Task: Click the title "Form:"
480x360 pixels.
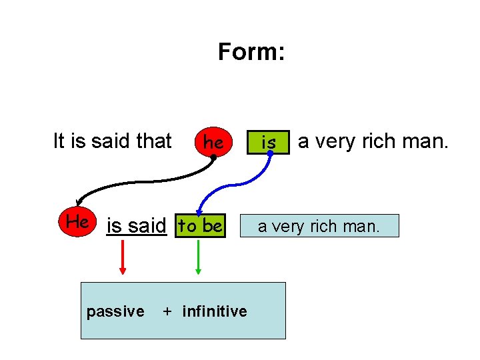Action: point(251,52)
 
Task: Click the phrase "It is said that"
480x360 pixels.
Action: point(112,141)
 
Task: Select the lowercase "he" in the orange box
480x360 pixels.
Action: point(213,142)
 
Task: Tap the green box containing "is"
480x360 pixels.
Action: point(269,142)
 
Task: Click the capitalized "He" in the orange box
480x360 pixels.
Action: point(77,222)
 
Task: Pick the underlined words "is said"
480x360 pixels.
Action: point(136,227)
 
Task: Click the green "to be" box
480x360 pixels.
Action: point(200,226)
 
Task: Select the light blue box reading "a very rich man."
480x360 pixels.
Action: point(319,226)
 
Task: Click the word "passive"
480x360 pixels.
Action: point(115,311)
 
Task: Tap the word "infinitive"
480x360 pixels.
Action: point(214,311)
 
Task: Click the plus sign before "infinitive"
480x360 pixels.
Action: point(167,311)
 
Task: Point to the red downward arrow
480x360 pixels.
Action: point(123,257)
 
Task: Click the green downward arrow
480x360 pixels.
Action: point(198,257)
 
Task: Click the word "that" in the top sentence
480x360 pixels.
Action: point(154,141)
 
